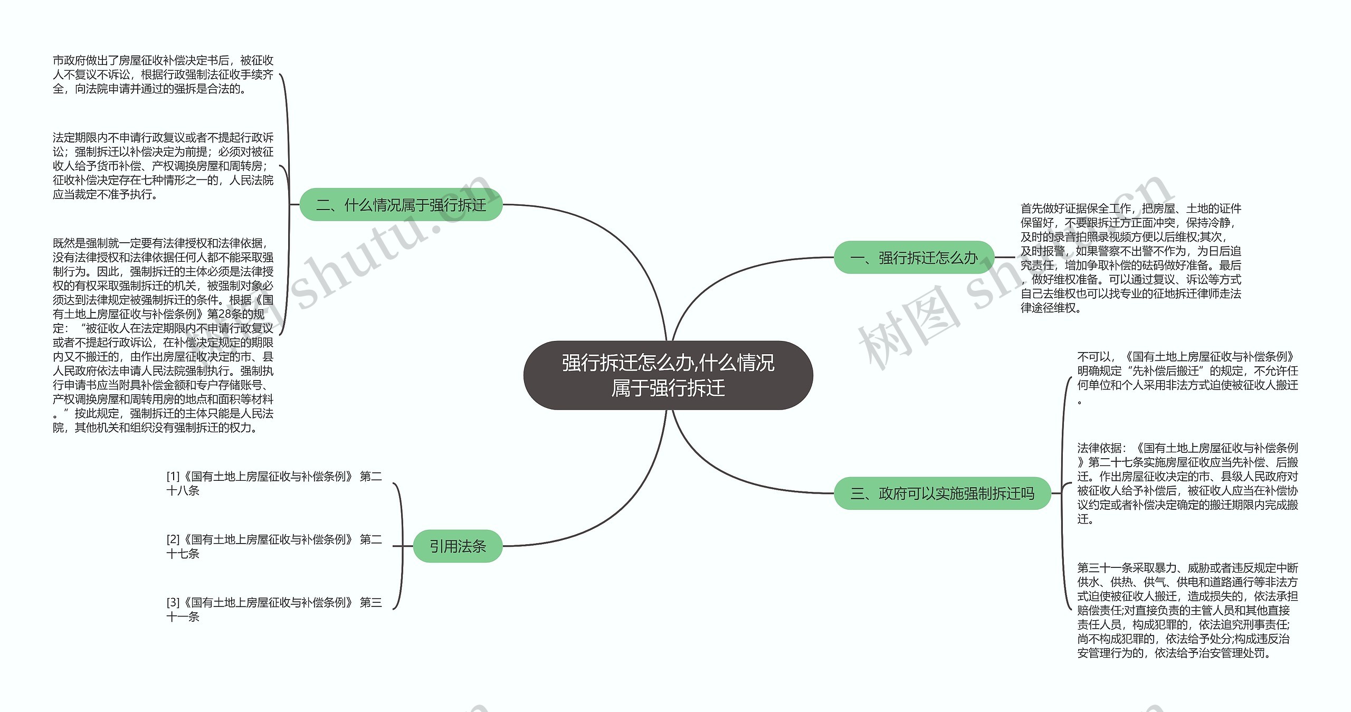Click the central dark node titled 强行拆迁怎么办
[x=668, y=375]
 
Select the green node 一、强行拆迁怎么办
[x=914, y=258]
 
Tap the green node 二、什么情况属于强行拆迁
[x=401, y=205]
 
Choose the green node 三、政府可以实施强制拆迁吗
[x=942, y=493]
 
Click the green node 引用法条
[x=457, y=546]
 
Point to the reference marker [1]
[x=173, y=477]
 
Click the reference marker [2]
[x=173, y=539]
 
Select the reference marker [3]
[x=173, y=602]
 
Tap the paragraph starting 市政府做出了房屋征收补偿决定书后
[x=163, y=75]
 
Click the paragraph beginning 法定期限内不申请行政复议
[x=163, y=166]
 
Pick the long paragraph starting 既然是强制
[x=163, y=335]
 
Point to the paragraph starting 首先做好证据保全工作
[x=1130, y=258]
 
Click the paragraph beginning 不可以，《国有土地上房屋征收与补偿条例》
[x=1187, y=377]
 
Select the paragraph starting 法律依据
[x=1187, y=483]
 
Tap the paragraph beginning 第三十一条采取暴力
[x=1187, y=610]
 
